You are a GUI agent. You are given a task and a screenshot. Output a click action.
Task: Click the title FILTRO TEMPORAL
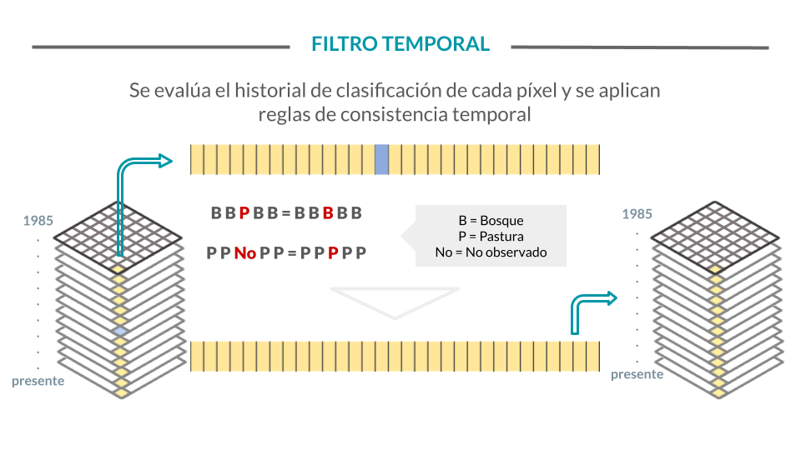(400, 44)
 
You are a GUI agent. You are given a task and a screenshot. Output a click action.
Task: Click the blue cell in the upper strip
(381, 160)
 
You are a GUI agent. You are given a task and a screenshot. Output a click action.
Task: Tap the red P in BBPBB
(244, 212)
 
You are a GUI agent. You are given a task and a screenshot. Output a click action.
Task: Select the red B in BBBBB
(328, 212)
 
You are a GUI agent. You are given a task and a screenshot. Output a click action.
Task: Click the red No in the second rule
(245, 252)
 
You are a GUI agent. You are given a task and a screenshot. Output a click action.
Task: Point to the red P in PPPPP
(333, 252)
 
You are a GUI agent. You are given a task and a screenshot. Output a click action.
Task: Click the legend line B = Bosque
(491, 220)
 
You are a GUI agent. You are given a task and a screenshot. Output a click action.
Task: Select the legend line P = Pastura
(491, 236)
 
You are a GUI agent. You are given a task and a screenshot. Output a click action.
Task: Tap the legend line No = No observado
(491, 252)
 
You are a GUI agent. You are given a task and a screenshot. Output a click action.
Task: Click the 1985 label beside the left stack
(38, 220)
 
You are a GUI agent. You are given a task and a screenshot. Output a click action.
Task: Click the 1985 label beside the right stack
(637, 214)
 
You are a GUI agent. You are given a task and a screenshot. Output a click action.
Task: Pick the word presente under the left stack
(38, 381)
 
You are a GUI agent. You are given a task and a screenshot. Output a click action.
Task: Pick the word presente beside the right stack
(637, 374)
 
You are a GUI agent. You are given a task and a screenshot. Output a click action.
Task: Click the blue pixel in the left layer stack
(120, 331)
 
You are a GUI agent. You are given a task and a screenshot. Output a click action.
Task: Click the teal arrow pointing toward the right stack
(592, 311)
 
